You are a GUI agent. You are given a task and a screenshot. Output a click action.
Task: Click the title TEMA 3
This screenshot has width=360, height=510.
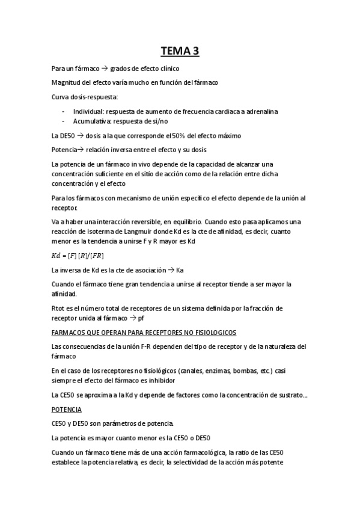pos(180,51)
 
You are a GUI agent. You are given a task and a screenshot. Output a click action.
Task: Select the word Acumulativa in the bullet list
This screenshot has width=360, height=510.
pos(91,121)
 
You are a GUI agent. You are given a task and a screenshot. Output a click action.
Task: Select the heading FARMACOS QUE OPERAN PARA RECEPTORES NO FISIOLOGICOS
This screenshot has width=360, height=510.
pos(144,333)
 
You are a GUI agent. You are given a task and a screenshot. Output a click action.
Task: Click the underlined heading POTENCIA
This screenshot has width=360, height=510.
pos(67,409)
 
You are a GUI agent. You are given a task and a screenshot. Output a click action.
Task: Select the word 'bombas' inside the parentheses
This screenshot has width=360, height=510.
pos(233,370)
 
